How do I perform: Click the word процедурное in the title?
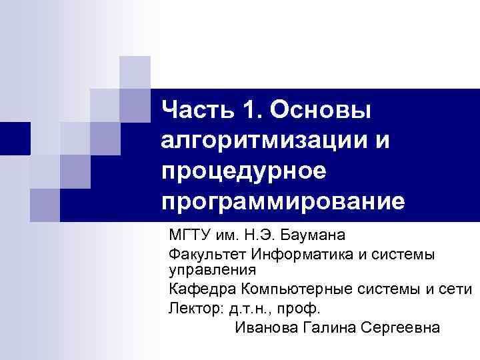(243, 171)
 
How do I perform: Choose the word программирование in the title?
(283, 201)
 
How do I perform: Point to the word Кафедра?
(198, 290)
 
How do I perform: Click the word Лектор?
(194, 309)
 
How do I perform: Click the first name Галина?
(331, 328)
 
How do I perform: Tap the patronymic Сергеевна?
(401, 328)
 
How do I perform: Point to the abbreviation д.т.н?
(252, 309)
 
